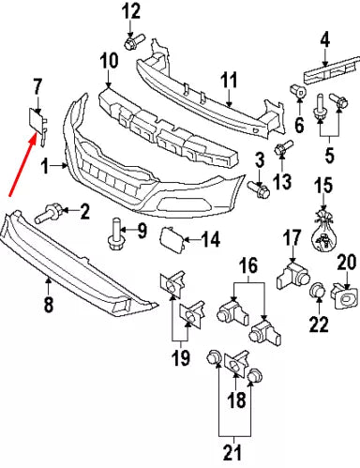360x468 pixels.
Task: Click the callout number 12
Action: (x=130, y=12)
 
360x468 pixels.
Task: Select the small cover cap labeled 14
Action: (x=175, y=239)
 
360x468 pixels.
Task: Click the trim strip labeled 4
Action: (x=323, y=70)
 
